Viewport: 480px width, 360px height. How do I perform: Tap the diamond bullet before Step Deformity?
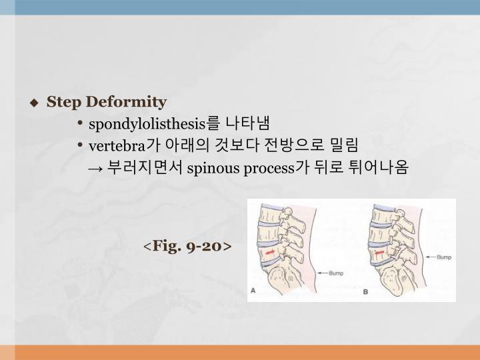pos(34,103)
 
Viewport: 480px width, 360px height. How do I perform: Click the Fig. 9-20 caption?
pos(187,246)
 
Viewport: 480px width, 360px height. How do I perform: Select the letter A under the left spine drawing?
pos(253,291)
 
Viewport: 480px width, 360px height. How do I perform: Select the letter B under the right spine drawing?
pos(366,292)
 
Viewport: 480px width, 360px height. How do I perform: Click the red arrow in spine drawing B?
pos(379,253)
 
